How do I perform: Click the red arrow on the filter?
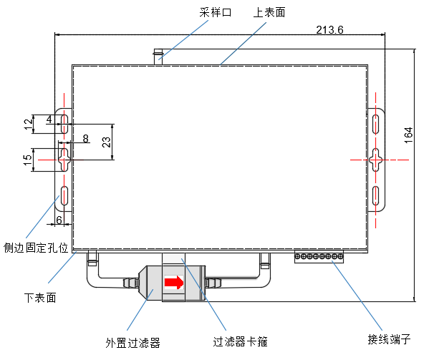point(173,283)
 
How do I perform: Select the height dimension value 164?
point(408,135)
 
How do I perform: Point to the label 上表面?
point(269,12)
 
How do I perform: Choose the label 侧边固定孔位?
point(36,248)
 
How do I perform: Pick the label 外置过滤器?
point(132,342)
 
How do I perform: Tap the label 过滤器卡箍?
point(241,342)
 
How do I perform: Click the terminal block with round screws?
point(319,256)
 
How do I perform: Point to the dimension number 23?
point(107,142)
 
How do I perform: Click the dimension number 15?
point(27,162)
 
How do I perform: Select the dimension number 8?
point(85,138)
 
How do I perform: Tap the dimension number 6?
point(59,219)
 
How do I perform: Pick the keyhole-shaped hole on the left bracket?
point(64,159)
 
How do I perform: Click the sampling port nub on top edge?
point(159,54)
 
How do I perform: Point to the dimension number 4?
point(49,119)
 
